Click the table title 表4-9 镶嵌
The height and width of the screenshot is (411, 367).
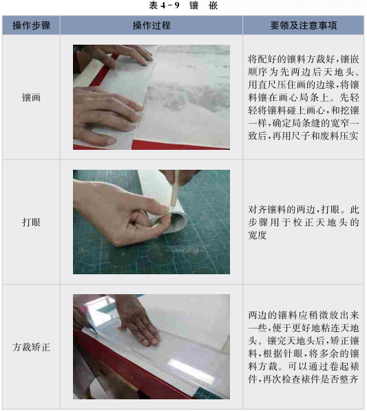click(x=183, y=5)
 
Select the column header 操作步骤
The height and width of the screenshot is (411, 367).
click(x=31, y=25)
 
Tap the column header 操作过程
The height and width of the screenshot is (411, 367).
click(x=151, y=25)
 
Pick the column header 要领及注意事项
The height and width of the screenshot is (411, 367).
click(x=304, y=25)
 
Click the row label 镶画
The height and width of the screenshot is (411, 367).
click(x=31, y=98)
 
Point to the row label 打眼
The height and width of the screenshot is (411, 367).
click(x=31, y=222)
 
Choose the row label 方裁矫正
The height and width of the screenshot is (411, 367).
click(x=31, y=347)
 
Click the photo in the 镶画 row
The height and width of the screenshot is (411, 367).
click(x=151, y=97)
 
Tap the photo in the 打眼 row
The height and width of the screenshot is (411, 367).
click(x=151, y=222)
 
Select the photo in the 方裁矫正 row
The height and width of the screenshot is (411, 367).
click(x=151, y=347)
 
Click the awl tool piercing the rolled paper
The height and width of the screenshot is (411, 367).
click(x=175, y=188)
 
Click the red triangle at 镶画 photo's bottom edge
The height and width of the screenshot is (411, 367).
click(x=180, y=145)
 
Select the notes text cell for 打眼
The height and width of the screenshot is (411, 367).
click(x=304, y=222)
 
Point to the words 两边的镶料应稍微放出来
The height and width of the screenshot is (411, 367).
click(x=304, y=315)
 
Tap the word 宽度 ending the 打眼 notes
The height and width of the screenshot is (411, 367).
click(x=258, y=235)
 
